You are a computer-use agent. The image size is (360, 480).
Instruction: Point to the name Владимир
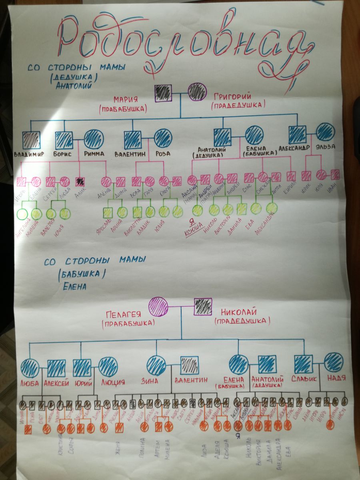click(28, 154)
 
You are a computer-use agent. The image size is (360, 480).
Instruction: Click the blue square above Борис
click(64, 140)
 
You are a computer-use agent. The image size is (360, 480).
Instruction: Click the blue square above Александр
click(297, 134)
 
